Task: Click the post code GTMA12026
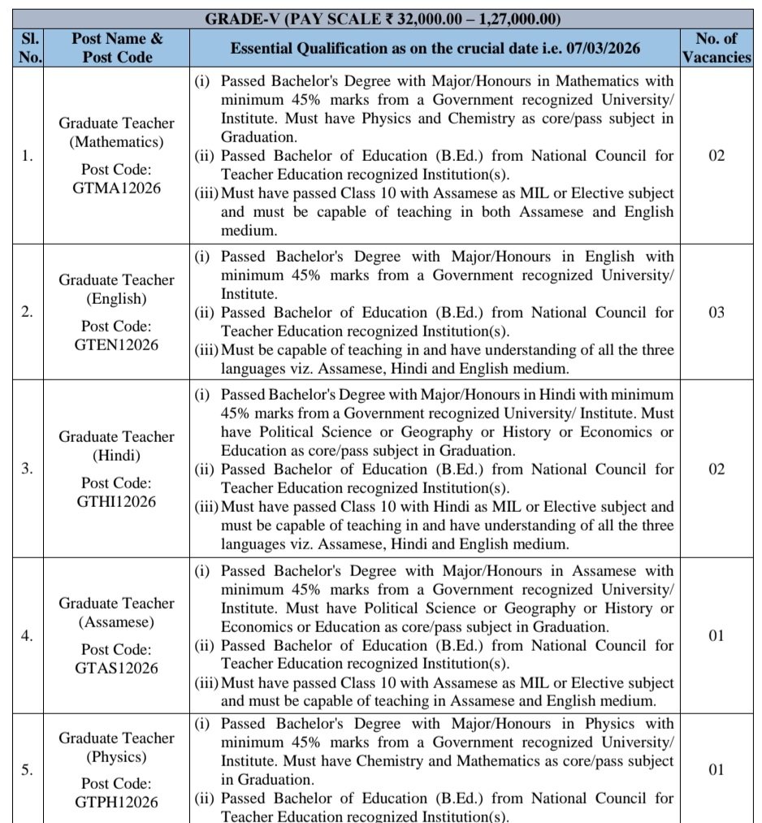116,188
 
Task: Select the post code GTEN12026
116,344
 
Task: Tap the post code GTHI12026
116,501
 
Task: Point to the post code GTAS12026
116,668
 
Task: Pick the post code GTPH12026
116,802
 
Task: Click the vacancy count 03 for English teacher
716,313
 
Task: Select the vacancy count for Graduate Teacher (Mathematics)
716,156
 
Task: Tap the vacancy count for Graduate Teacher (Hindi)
716,470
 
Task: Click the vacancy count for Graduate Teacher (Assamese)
716,635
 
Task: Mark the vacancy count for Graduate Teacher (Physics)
716,770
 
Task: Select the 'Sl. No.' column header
27,48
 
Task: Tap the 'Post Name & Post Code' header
116,48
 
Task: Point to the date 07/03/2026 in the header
600,49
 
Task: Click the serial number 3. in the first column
27,470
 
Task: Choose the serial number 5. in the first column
27,770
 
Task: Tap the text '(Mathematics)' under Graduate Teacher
116,141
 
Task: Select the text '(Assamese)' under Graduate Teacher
116,622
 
